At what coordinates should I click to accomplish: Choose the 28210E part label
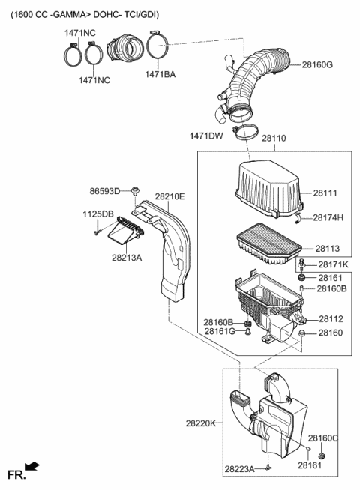pyautogui.click(x=169, y=196)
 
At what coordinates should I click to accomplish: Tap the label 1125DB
pyautogui.click(x=97, y=214)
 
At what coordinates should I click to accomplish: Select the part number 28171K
pyautogui.click(x=332, y=265)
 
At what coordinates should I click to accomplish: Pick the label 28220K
pyautogui.click(x=201, y=423)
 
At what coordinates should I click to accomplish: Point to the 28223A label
pyautogui.click(x=239, y=469)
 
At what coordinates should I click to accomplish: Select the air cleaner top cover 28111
pyautogui.click(x=268, y=191)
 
